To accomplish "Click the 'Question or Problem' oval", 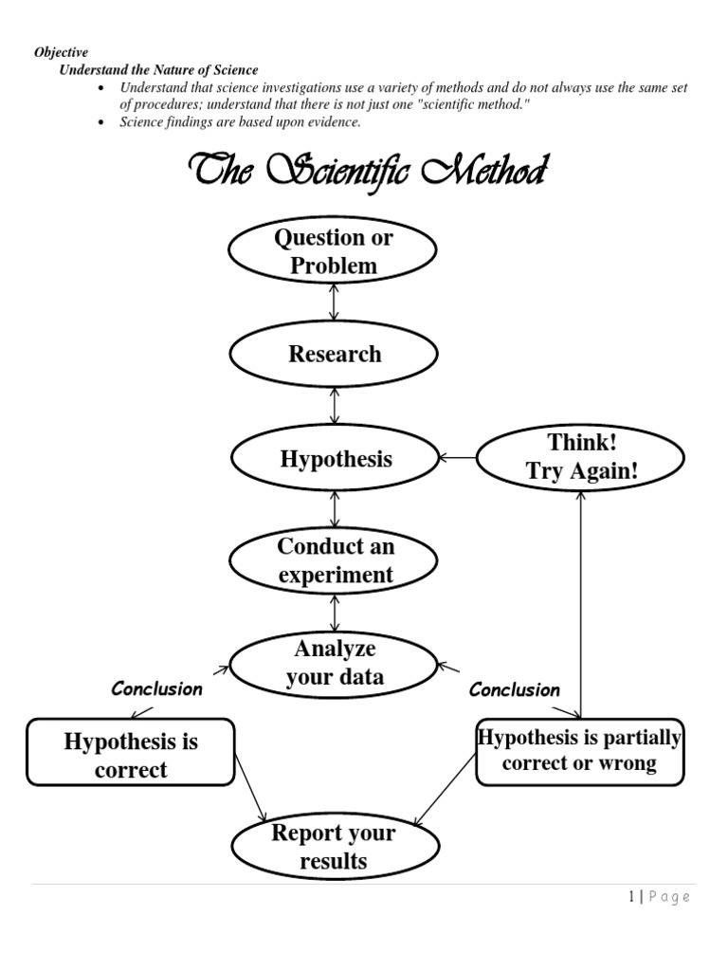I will (333, 252).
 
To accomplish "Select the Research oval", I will (334, 355).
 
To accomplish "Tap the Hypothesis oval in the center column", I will (334, 459).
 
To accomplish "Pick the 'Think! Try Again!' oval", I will (580, 458).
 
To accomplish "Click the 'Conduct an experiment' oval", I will (334, 560).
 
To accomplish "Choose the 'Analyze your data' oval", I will (334, 663).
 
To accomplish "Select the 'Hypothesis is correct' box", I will (131, 755).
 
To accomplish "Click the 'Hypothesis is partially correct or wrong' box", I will (579, 750).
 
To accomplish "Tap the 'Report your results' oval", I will (334, 846).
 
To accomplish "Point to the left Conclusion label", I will (156, 689).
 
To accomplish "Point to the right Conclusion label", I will (514, 690).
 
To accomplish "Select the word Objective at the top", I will (61, 53).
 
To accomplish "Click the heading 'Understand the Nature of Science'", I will (158, 70).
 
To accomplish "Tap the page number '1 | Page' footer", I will (660, 897).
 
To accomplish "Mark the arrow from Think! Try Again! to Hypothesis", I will (458, 458).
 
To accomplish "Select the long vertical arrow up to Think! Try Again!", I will (580, 607).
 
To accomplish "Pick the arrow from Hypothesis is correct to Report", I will (250, 790).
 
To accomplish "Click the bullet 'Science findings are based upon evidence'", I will (240, 122).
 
